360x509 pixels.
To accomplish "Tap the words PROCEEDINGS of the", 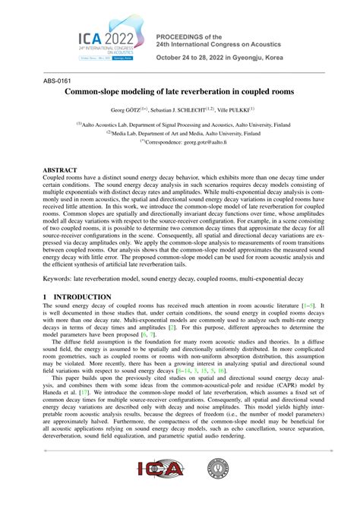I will pyautogui.click(x=190, y=36).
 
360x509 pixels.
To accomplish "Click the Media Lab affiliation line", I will pyautogui.click(x=179, y=133).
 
